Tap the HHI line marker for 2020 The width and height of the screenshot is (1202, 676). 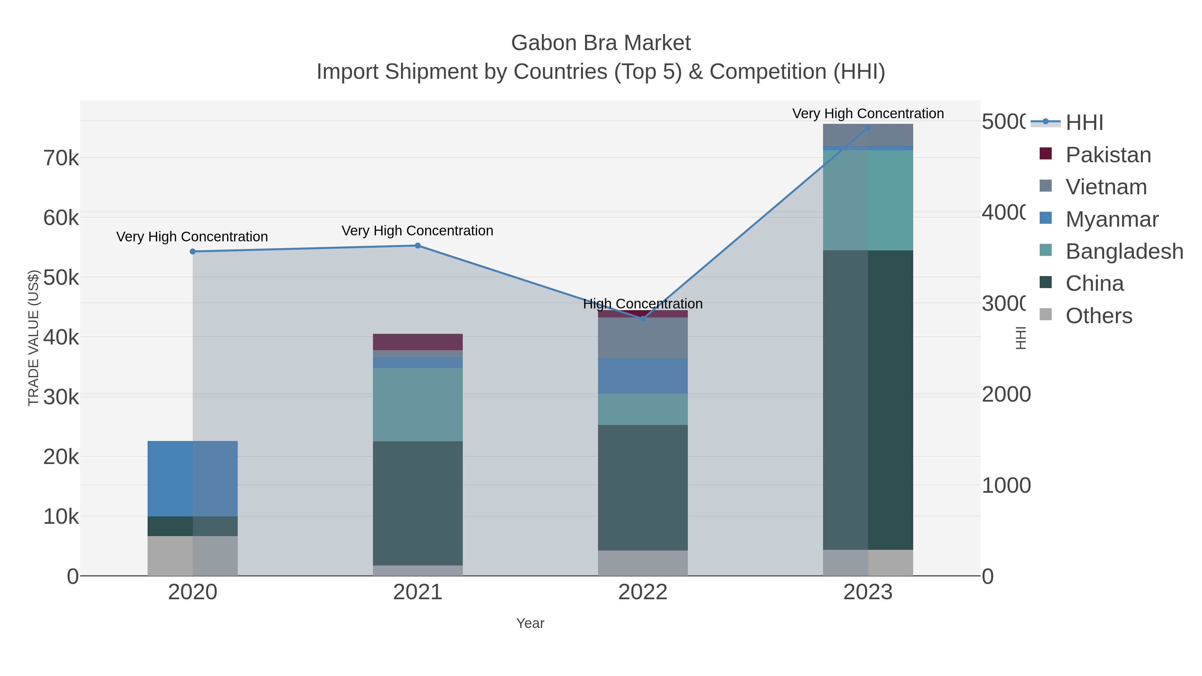[x=193, y=251]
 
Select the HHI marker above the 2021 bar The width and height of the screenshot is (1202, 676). [x=418, y=245]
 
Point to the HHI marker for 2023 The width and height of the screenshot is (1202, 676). [x=868, y=128]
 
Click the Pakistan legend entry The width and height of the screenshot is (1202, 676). [x=1108, y=155]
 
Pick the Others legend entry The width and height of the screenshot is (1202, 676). [x=1098, y=315]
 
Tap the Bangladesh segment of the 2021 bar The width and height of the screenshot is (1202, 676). [x=418, y=405]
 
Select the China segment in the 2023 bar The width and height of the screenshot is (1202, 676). [x=868, y=400]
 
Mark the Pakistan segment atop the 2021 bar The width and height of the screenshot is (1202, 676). [x=418, y=342]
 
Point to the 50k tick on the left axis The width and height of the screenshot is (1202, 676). [x=61, y=278]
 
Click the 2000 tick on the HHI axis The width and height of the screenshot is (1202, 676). [x=1006, y=395]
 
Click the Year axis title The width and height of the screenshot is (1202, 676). [x=530, y=623]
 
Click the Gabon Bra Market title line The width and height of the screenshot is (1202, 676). [x=601, y=43]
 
